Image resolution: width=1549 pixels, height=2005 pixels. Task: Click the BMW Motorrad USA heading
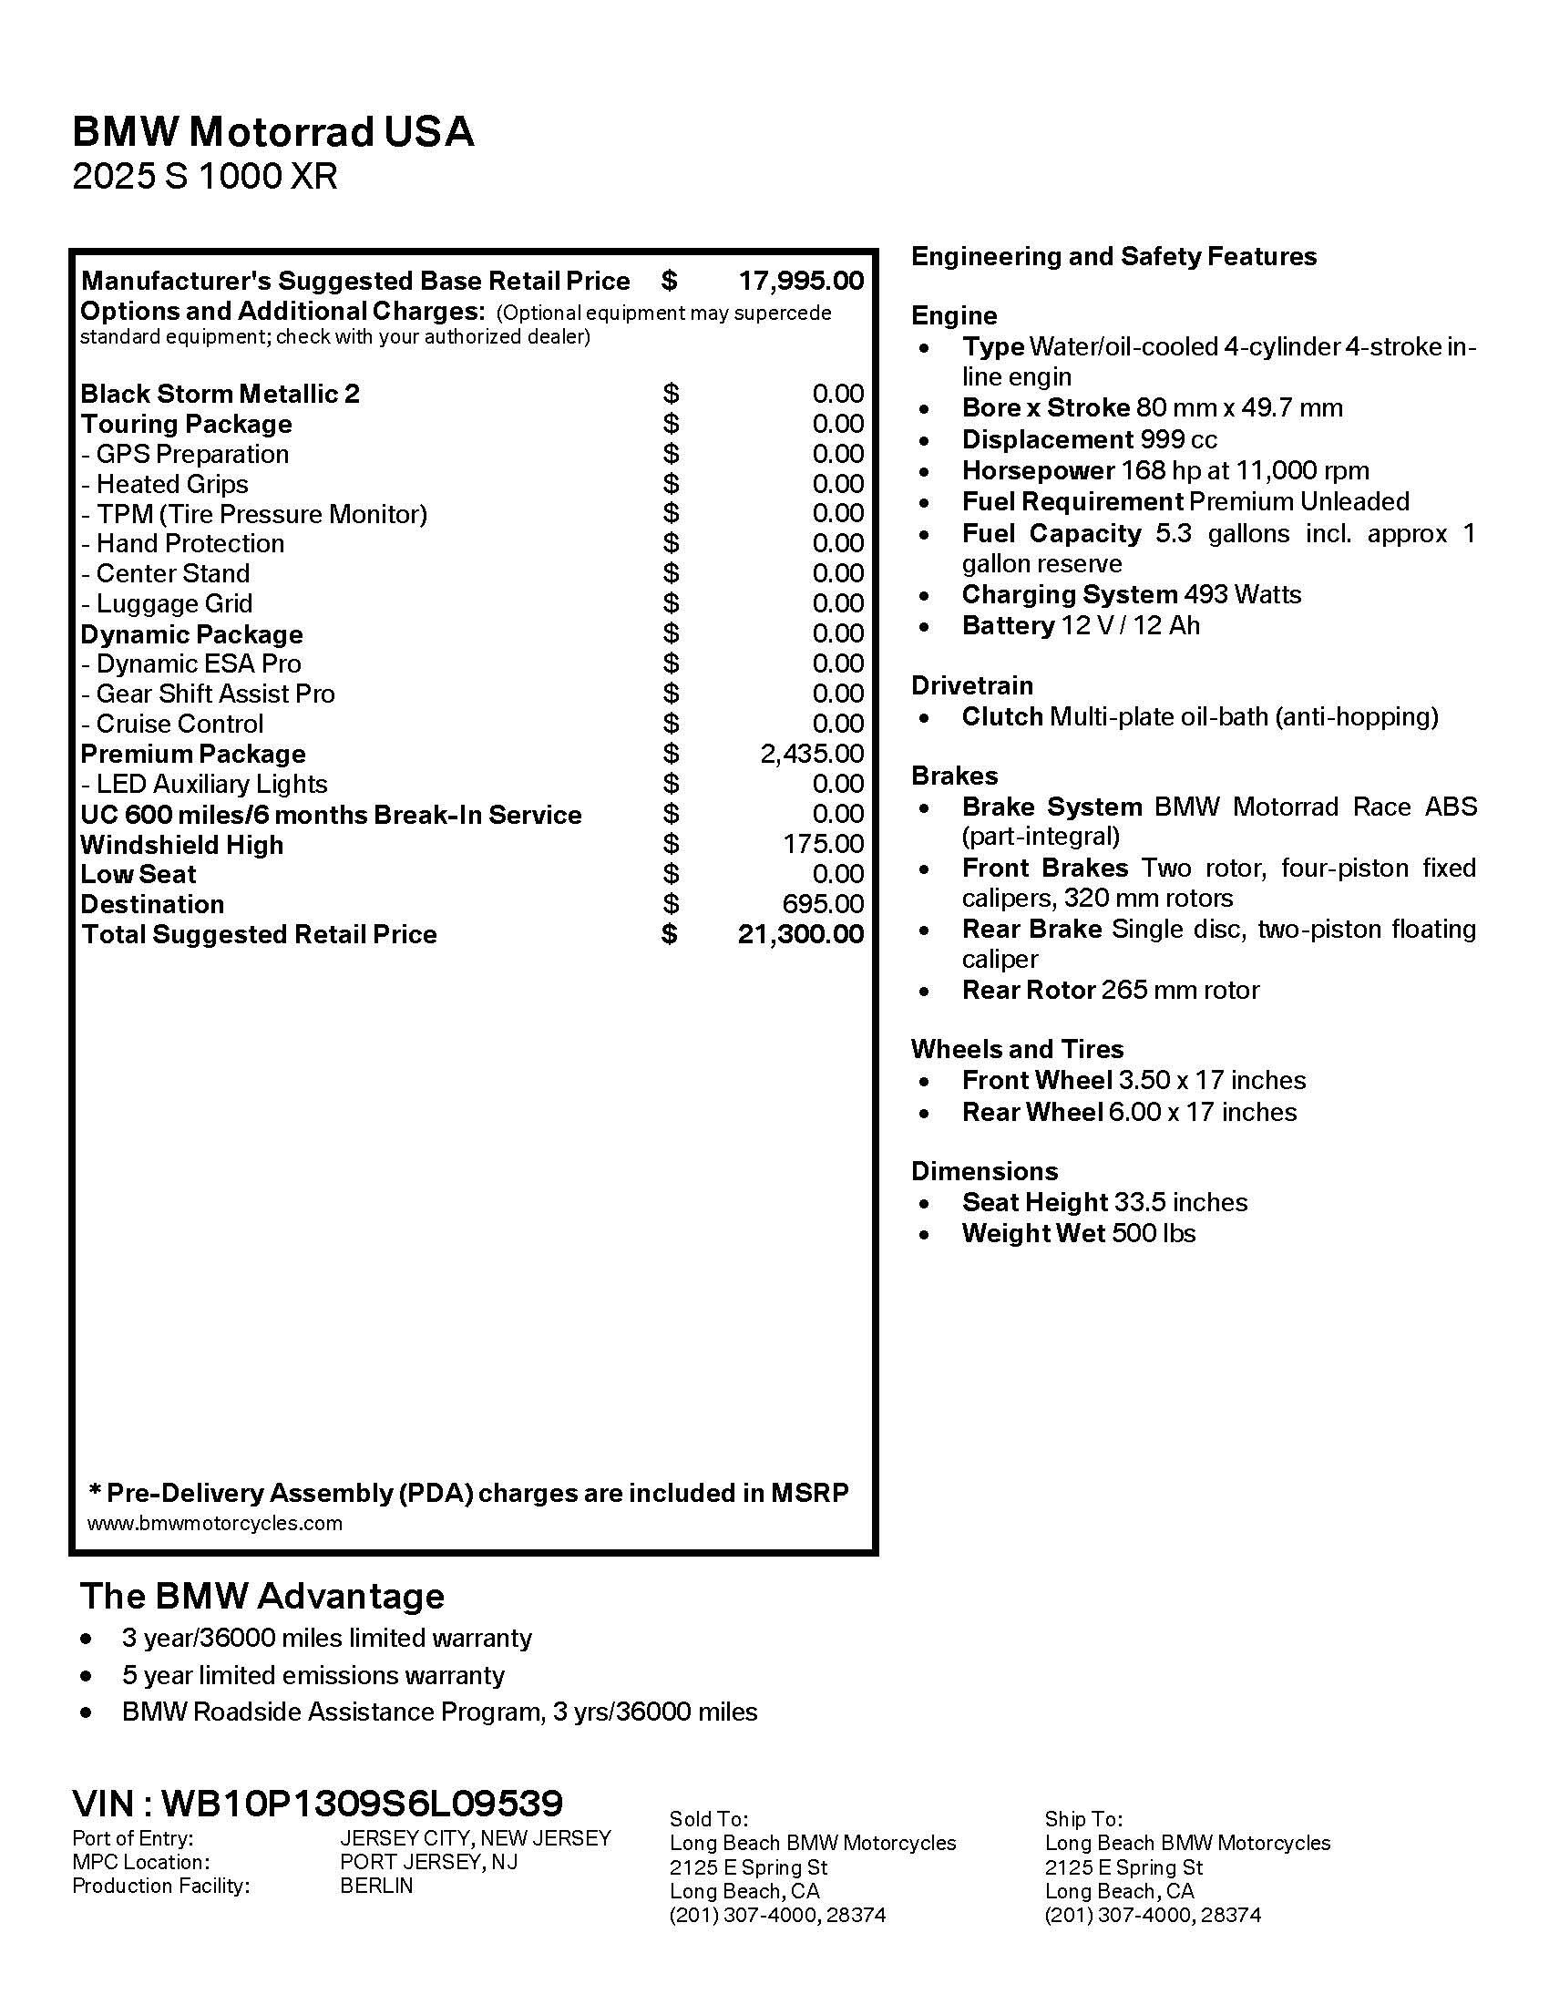[x=272, y=132]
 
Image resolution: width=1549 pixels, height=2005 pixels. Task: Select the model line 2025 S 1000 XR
[x=205, y=176]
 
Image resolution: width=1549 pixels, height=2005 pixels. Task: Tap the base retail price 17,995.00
[x=800, y=281]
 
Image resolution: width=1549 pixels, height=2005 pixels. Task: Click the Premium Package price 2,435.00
[x=811, y=754]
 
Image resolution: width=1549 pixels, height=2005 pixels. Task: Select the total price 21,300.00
[x=800, y=934]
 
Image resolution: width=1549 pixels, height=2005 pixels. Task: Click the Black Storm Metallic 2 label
[x=220, y=394]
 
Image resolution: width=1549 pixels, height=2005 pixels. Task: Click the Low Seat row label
[x=138, y=874]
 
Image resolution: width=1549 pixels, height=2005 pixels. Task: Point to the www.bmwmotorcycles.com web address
[x=214, y=1523]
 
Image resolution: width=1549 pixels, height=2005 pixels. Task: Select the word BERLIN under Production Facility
[x=376, y=1886]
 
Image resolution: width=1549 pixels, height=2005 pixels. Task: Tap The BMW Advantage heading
[x=262, y=1596]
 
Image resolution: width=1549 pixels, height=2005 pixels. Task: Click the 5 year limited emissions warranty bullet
[x=313, y=1675]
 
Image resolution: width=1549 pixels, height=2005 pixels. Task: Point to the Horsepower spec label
[x=1037, y=471]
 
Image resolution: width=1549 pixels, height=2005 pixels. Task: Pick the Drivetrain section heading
[x=972, y=685]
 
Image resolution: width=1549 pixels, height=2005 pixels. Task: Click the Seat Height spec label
[x=1034, y=1202]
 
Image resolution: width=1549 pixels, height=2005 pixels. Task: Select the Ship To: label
[x=1082, y=1819]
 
